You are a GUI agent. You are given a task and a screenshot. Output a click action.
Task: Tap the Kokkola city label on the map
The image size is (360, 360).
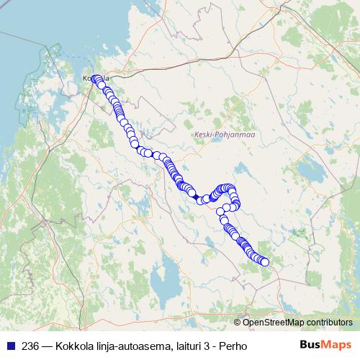(96, 78)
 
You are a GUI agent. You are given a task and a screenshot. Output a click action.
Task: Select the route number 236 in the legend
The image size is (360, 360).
(30, 346)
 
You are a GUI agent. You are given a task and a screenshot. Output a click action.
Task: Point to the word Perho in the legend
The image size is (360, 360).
(234, 346)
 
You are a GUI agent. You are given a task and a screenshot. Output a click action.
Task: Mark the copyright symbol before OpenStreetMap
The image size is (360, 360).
(238, 323)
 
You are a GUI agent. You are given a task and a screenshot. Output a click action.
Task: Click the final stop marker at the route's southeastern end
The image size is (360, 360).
(264, 262)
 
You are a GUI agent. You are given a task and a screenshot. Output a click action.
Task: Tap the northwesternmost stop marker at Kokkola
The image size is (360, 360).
(94, 79)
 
